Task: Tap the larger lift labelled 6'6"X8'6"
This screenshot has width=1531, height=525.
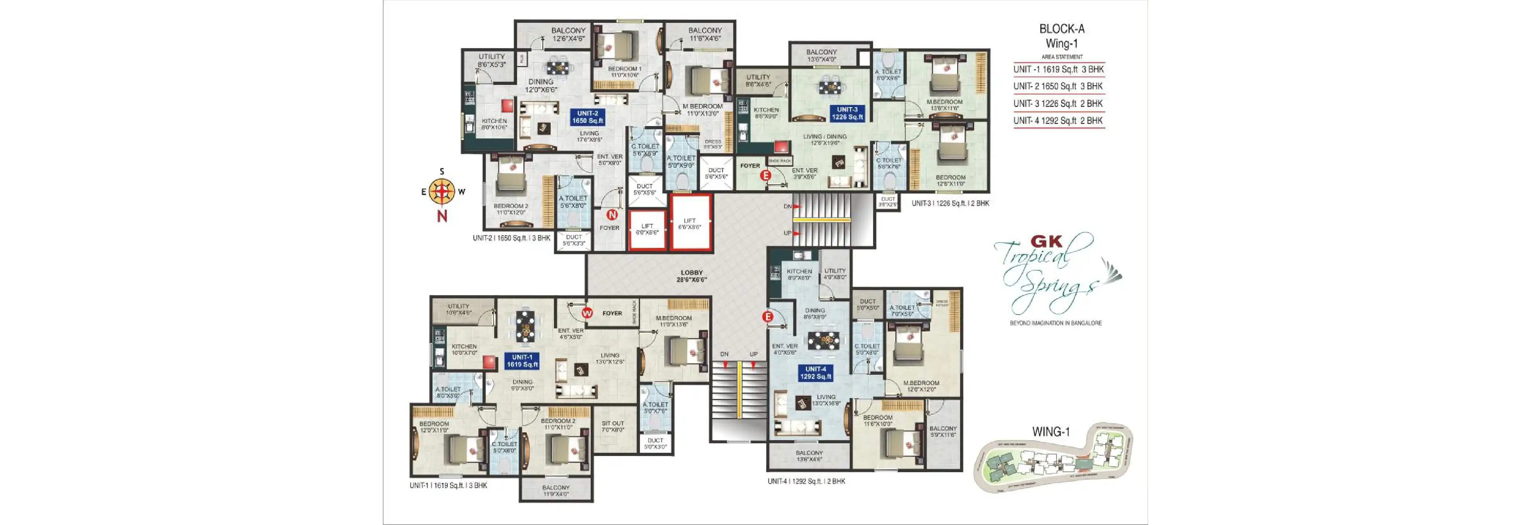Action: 690,223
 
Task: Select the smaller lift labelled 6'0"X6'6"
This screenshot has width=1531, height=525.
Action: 647,229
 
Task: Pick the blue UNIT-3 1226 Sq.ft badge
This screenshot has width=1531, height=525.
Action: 847,113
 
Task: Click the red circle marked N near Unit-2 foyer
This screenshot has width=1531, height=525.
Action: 612,215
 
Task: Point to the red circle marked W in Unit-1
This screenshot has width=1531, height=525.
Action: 587,313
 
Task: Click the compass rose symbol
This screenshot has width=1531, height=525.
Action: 441,192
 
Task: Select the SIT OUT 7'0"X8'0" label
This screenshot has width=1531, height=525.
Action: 613,426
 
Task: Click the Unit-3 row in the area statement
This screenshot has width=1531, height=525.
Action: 1058,103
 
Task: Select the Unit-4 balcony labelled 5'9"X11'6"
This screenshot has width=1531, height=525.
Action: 943,431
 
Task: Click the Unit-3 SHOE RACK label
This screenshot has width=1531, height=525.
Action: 780,160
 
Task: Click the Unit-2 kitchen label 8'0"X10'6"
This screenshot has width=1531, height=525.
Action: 494,124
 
